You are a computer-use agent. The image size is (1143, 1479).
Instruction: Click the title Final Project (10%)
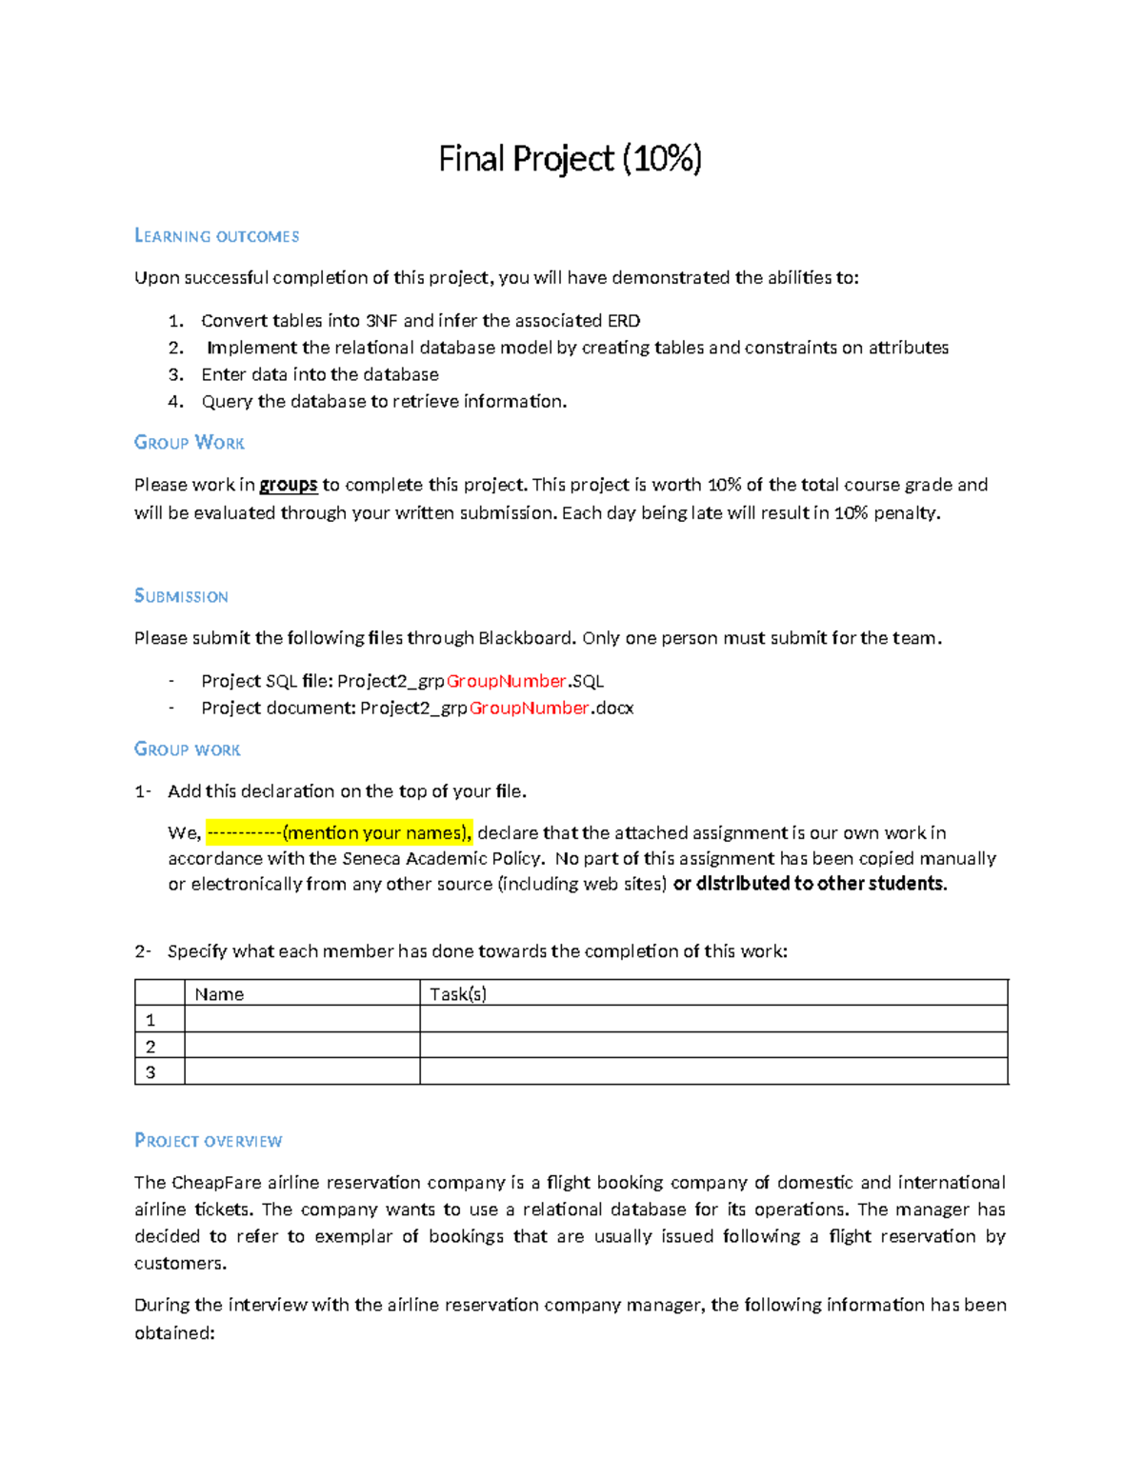570,159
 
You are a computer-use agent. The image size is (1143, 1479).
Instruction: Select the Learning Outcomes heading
216,236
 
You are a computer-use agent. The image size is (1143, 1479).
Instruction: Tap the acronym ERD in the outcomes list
624,321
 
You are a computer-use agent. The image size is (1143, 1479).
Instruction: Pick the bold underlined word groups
289,485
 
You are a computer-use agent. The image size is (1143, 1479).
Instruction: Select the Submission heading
181,596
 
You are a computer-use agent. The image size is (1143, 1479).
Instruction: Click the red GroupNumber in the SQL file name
507,681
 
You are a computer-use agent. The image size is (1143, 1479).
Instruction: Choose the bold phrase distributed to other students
810,884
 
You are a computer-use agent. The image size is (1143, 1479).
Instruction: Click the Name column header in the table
219,994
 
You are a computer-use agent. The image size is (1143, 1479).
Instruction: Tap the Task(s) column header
458,994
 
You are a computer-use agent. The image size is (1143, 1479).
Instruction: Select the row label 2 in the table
150,1046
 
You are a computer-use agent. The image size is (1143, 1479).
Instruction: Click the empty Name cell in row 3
302,1072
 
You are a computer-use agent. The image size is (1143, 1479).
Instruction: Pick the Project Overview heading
208,1141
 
